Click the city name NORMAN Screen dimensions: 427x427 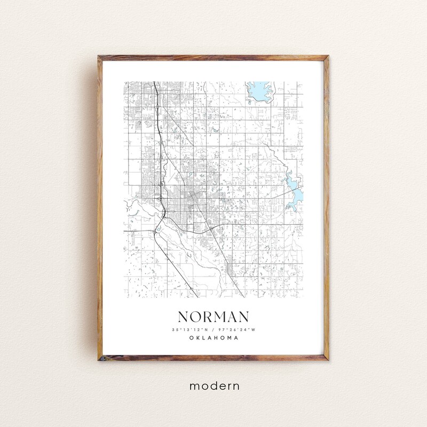click(213, 317)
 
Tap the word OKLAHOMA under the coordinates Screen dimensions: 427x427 click(213, 337)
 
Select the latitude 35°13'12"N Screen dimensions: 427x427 click(191, 329)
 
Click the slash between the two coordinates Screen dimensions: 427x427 click(213, 329)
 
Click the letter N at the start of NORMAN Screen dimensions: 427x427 click(184, 317)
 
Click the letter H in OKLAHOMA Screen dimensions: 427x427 click(217, 337)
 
